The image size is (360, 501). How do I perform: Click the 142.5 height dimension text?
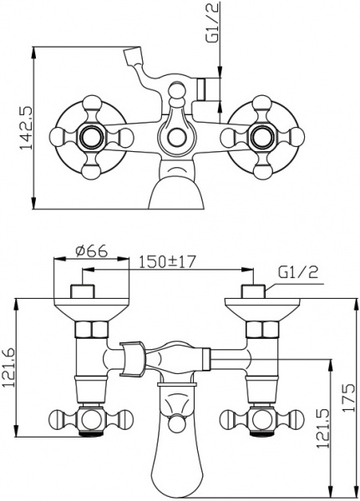point(26,128)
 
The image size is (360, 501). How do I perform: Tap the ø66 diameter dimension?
point(91,252)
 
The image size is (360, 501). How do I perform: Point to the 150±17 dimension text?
point(167,262)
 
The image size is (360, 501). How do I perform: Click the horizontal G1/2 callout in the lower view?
point(298,273)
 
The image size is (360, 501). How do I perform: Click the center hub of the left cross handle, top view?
point(91,137)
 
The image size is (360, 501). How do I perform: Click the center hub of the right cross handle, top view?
point(262,137)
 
